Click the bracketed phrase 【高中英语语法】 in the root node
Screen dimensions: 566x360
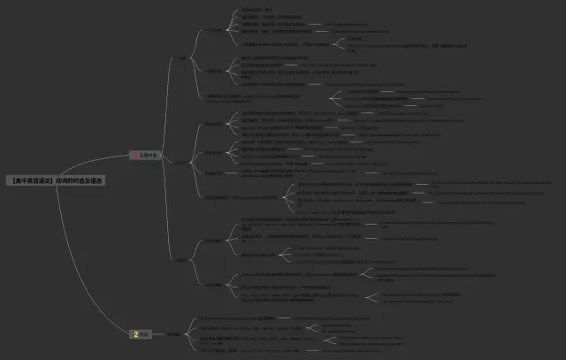(x=32, y=180)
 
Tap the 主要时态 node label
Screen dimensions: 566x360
(x=149, y=155)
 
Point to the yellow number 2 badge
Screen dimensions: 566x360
(x=135, y=334)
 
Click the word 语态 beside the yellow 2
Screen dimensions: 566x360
(x=147, y=334)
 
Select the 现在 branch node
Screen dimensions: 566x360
(x=183, y=59)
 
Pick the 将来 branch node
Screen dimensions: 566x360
(x=180, y=259)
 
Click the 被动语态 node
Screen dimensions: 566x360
(x=174, y=334)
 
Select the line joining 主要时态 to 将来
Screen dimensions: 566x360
(x=166, y=212)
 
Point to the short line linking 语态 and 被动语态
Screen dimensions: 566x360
(x=160, y=334)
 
